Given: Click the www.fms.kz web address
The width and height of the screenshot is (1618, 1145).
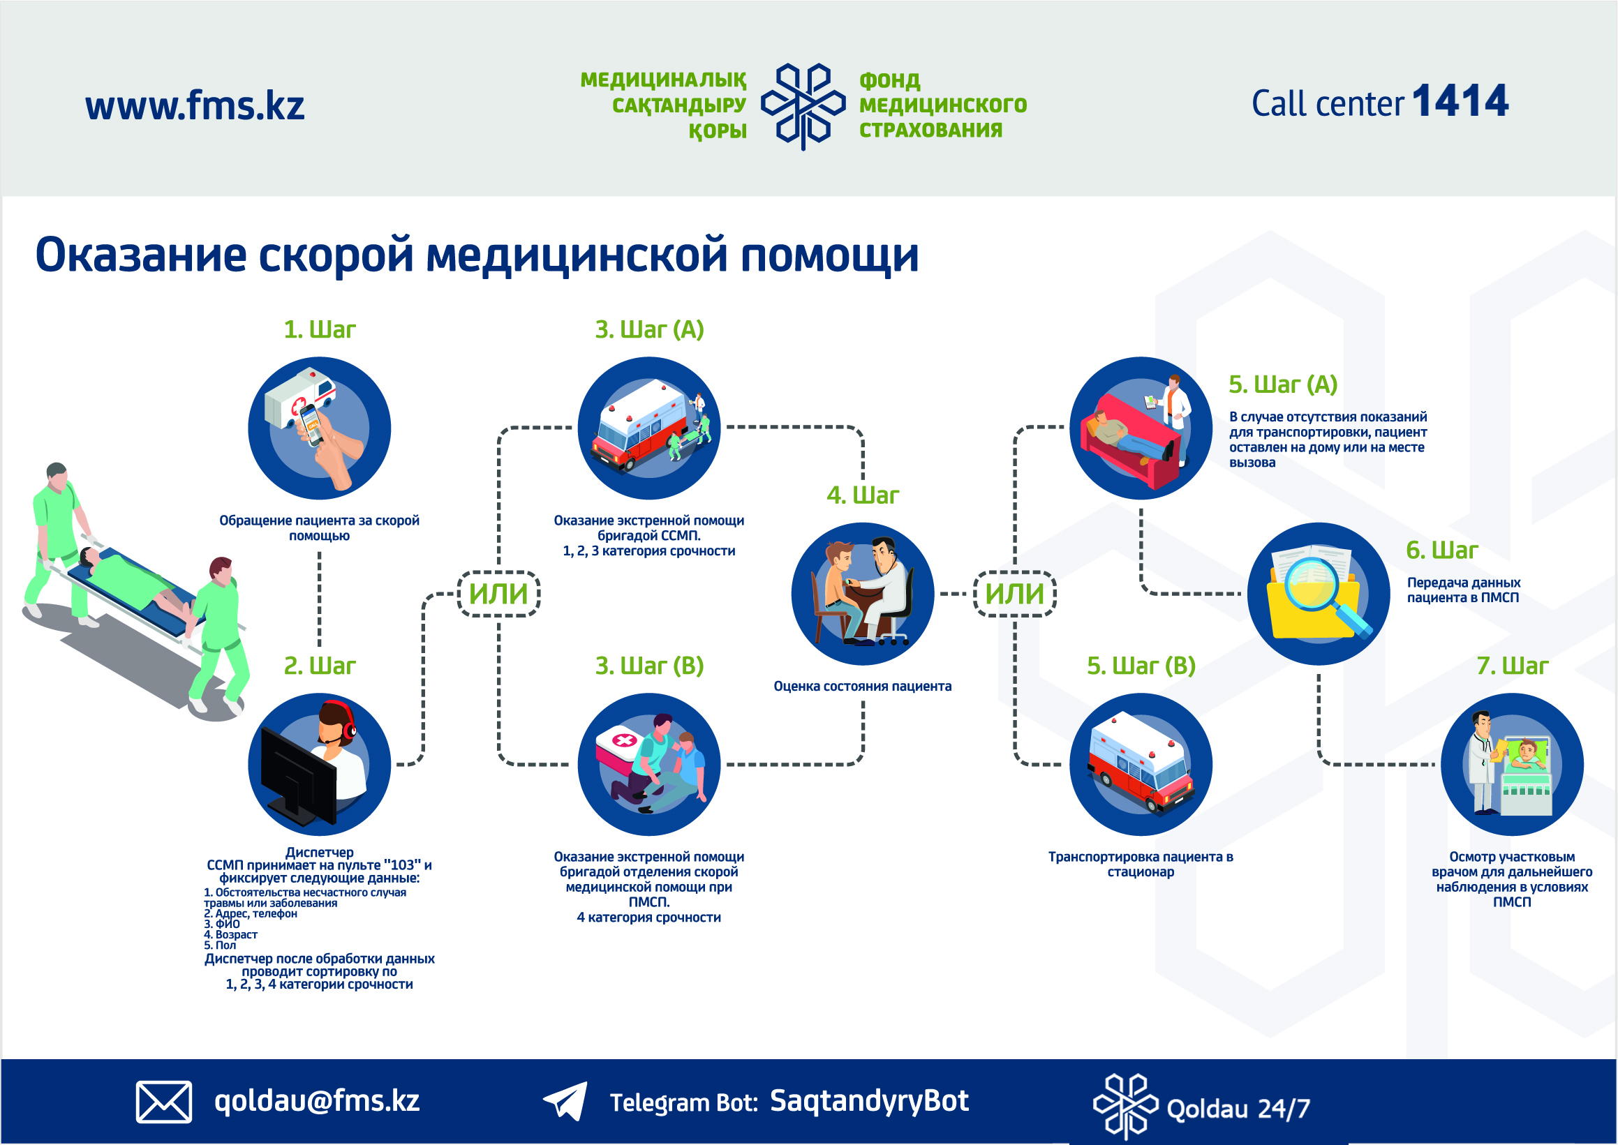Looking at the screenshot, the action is pyautogui.click(x=195, y=106).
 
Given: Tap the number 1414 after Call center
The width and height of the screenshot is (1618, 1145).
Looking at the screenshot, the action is pyautogui.click(x=1461, y=100).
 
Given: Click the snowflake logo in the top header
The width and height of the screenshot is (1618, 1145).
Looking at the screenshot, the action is pyautogui.click(x=803, y=106).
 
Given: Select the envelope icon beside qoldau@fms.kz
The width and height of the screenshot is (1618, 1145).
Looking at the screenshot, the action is pyautogui.click(x=163, y=1101).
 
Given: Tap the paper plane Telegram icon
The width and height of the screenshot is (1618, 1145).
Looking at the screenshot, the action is pyautogui.click(x=565, y=1100).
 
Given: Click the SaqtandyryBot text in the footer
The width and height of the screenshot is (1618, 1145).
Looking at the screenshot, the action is pyautogui.click(x=869, y=1100).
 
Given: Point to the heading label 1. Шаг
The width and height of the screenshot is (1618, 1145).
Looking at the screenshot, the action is pyautogui.click(x=320, y=329).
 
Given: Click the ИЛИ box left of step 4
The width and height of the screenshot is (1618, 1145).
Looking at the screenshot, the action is pyautogui.click(x=498, y=594).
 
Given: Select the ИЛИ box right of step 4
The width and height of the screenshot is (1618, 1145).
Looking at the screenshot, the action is pyautogui.click(x=1014, y=594).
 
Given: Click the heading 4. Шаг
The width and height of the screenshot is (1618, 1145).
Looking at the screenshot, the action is pyautogui.click(x=863, y=495).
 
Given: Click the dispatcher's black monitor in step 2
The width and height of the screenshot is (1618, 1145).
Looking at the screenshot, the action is pyautogui.click(x=298, y=777).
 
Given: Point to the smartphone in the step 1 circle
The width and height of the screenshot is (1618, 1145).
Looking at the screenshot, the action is pyautogui.click(x=312, y=423).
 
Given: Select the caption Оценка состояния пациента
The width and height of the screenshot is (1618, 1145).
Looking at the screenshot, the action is pyautogui.click(x=863, y=686).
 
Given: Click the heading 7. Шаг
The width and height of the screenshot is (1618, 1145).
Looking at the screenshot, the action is pyautogui.click(x=1512, y=666).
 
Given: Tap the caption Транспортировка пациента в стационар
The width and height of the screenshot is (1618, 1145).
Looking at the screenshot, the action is pyautogui.click(x=1141, y=865).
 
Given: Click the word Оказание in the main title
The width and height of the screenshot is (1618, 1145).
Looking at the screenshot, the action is pyautogui.click(x=141, y=255).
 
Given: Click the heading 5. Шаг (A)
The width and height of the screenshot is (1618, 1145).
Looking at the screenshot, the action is pyautogui.click(x=1283, y=384).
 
